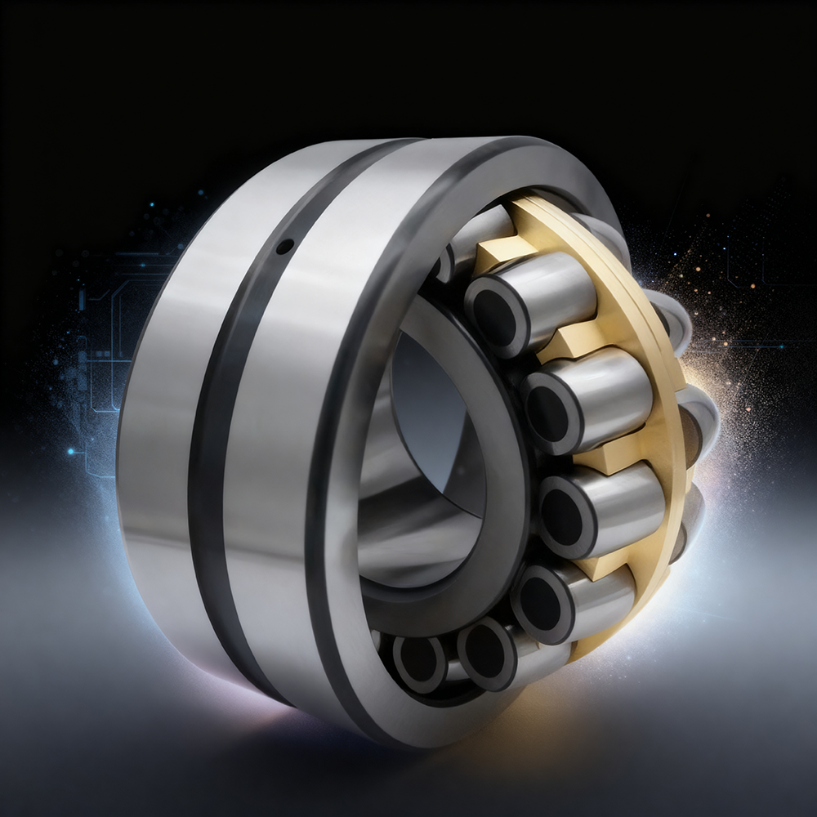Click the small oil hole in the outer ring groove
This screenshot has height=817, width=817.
click(x=283, y=245)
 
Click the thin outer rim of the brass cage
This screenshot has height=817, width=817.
click(x=654, y=327)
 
